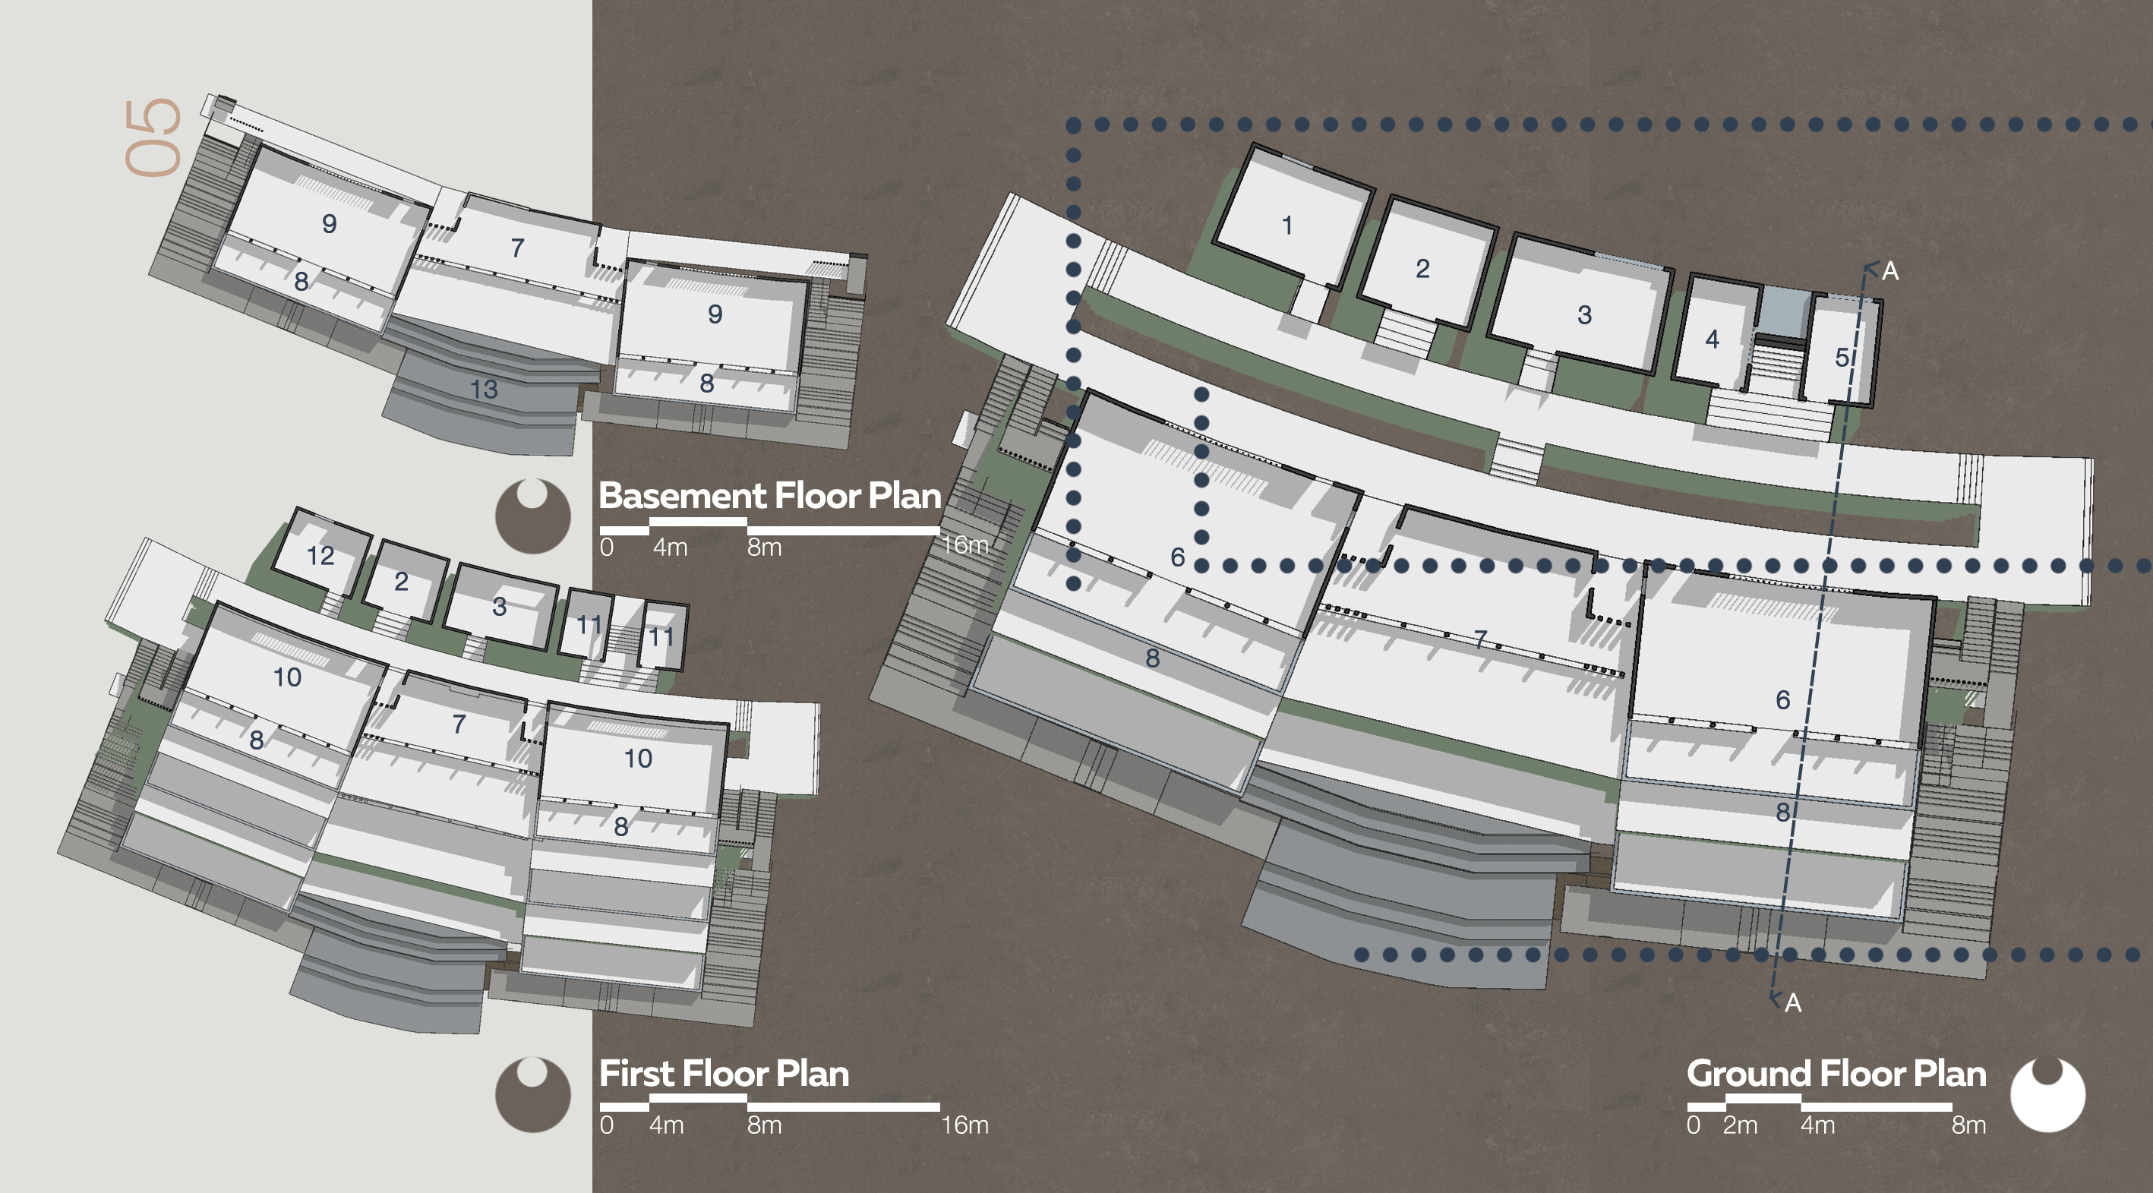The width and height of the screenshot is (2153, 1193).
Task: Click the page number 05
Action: point(153,137)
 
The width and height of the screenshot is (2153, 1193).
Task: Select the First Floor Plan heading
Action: point(724,1074)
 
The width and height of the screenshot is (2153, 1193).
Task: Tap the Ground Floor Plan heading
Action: point(1836,1074)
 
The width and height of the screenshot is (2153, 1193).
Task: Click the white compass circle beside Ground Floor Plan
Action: point(2047,1094)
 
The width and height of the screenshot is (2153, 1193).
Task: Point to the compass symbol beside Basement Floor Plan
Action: point(532,516)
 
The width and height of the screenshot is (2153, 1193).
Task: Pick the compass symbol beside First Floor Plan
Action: point(532,1094)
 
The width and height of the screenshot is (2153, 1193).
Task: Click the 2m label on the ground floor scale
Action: point(1739,1125)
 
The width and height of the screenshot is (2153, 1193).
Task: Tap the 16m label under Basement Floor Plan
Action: point(964,545)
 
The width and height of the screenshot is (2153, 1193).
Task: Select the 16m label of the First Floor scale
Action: point(964,1125)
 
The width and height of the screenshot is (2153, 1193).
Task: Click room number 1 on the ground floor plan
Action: point(1287,225)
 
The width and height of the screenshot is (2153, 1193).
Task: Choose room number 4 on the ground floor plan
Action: point(1712,339)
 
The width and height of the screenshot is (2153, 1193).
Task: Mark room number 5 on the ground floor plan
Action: point(1841,358)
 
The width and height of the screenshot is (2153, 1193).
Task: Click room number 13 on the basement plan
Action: point(484,389)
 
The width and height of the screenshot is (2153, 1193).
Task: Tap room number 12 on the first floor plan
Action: point(320,556)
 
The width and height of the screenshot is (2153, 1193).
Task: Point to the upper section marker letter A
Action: point(1889,271)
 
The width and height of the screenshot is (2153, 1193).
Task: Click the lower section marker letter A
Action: point(1793,1002)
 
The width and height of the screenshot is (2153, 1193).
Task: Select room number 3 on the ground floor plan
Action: point(1584,315)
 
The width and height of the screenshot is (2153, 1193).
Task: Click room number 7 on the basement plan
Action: point(517,248)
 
